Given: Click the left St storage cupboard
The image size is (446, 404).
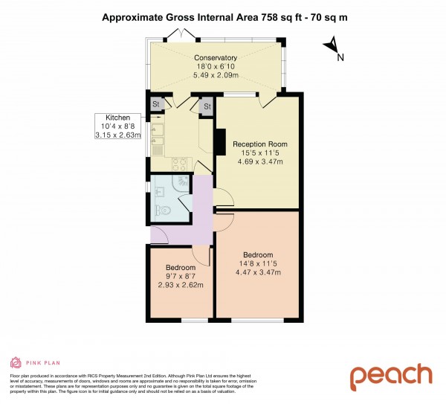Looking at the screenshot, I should (157, 105).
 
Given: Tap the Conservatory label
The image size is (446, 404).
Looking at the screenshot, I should (216, 57).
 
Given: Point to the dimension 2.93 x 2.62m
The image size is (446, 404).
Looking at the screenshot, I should (181, 285).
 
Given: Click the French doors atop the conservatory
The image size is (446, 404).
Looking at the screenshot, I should (180, 34).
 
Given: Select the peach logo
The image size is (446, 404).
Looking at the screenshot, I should (390, 376).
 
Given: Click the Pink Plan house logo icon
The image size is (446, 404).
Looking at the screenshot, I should (15, 363).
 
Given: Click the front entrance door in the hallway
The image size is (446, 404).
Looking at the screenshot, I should (159, 237).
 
